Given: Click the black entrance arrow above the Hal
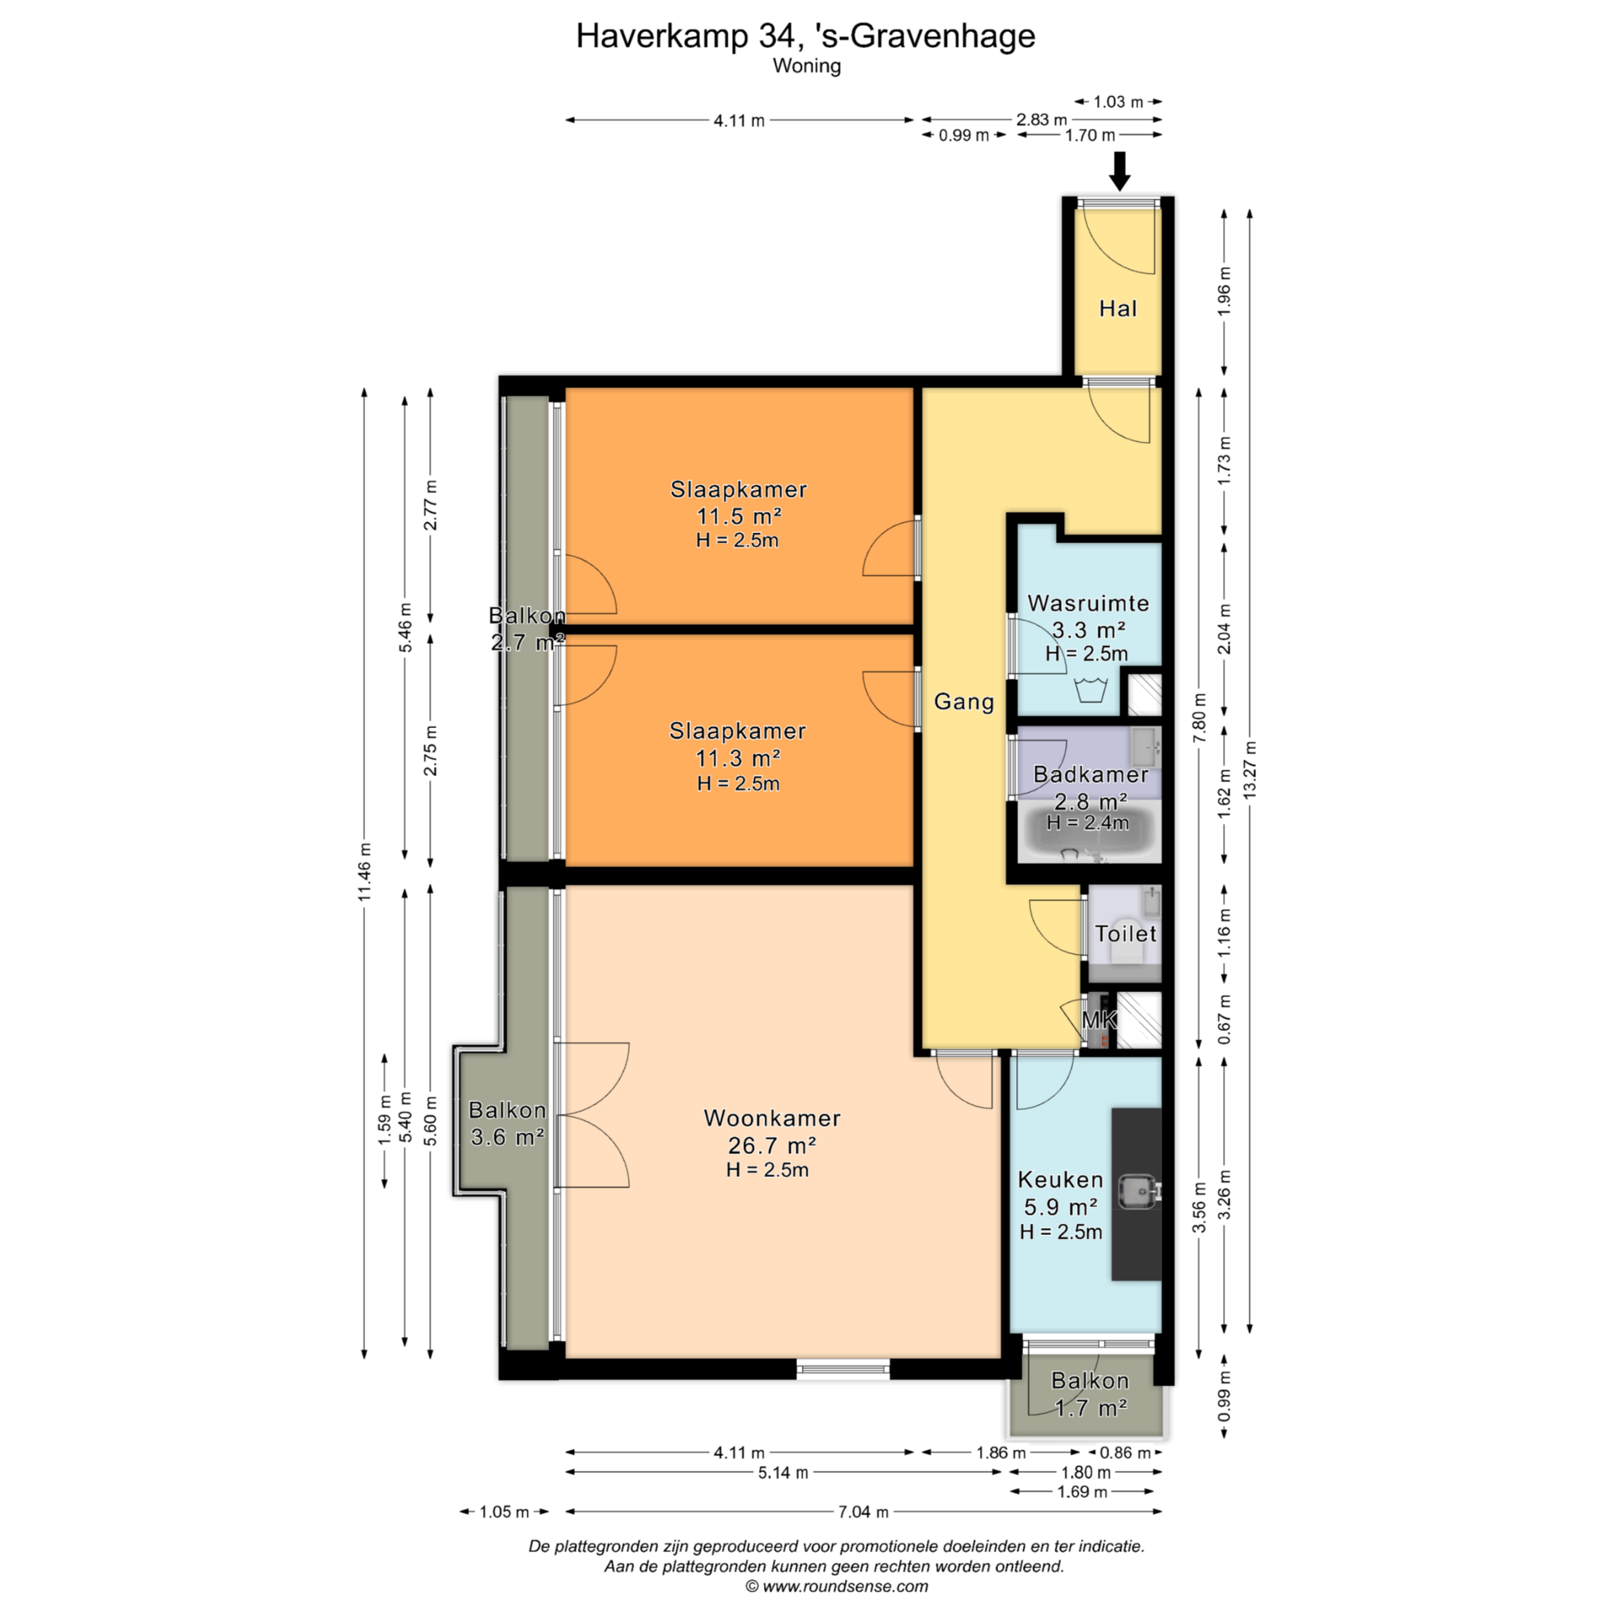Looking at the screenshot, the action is pyautogui.click(x=1119, y=171).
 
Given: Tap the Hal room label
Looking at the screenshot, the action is pyautogui.click(x=1118, y=309).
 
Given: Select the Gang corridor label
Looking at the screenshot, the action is pyautogui.click(x=964, y=701).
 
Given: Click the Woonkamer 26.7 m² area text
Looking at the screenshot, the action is pyautogui.click(x=772, y=1145).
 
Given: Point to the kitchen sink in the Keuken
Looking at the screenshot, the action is pyautogui.click(x=1138, y=1190).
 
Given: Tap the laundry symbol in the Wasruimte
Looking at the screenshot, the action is pyautogui.click(x=1090, y=690).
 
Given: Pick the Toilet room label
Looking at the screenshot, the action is pyautogui.click(x=1126, y=933).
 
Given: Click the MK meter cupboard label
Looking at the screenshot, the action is pyautogui.click(x=1099, y=1020).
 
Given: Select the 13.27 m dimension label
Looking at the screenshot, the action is pyautogui.click(x=1250, y=769).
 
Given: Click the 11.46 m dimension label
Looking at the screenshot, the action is pyautogui.click(x=364, y=872).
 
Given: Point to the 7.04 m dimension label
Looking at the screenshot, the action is pyautogui.click(x=863, y=1535).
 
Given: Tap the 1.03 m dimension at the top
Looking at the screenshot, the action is pyautogui.click(x=1118, y=102).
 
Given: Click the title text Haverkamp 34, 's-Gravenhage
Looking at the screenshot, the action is pyautogui.click(x=805, y=36).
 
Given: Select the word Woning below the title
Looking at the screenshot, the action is pyautogui.click(x=807, y=66).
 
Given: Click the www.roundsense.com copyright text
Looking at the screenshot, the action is pyautogui.click(x=836, y=1586).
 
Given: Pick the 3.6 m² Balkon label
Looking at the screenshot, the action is pyautogui.click(x=508, y=1137).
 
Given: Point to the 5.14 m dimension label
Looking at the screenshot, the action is pyautogui.click(x=783, y=1496).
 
